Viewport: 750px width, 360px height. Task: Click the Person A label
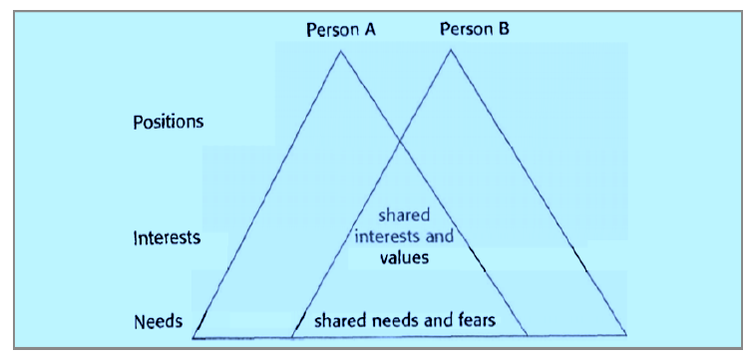pos(340,31)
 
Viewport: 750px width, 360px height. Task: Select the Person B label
pos(475,30)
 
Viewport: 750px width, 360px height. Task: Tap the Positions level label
pos(168,123)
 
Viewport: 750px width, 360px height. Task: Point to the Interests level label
pos(167,238)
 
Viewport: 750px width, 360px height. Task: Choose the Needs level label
pos(158,321)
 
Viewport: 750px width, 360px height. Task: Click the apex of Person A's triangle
pos(340,51)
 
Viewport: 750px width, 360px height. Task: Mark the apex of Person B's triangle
pos(451,50)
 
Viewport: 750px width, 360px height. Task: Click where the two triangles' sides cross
pos(399,141)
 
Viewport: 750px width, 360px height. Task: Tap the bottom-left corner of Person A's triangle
pos(192,337)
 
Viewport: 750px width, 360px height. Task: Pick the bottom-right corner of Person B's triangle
pos(626,335)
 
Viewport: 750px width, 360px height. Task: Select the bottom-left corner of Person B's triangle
pos(292,337)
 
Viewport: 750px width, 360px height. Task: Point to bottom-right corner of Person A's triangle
pos(528,336)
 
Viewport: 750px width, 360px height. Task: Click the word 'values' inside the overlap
pos(404,258)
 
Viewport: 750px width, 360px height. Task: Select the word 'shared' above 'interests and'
pos(404,215)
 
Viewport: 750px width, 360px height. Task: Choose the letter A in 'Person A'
pos(369,30)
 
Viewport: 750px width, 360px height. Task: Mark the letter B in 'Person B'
pos(504,30)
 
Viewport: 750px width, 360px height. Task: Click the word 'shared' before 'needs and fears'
pos(340,320)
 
